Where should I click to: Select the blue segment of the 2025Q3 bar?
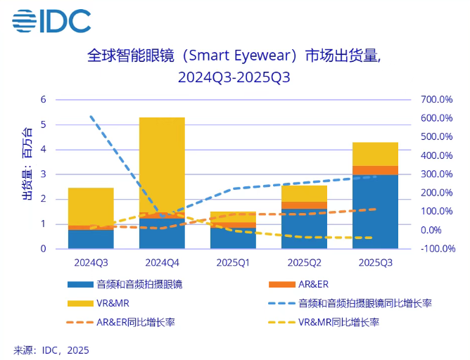point(375,211)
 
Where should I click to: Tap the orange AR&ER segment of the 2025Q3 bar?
point(375,169)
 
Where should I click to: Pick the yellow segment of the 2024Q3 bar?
point(91,206)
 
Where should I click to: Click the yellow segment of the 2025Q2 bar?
point(304,193)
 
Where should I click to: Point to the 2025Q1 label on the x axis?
point(233,262)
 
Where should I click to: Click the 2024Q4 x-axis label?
point(162,262)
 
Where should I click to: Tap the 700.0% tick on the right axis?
point(437,100)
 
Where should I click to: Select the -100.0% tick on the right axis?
point(436,249)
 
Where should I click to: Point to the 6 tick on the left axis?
point(43,100)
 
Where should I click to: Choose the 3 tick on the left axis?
point(43,174)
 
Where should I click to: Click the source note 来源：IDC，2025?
point(51,349)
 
